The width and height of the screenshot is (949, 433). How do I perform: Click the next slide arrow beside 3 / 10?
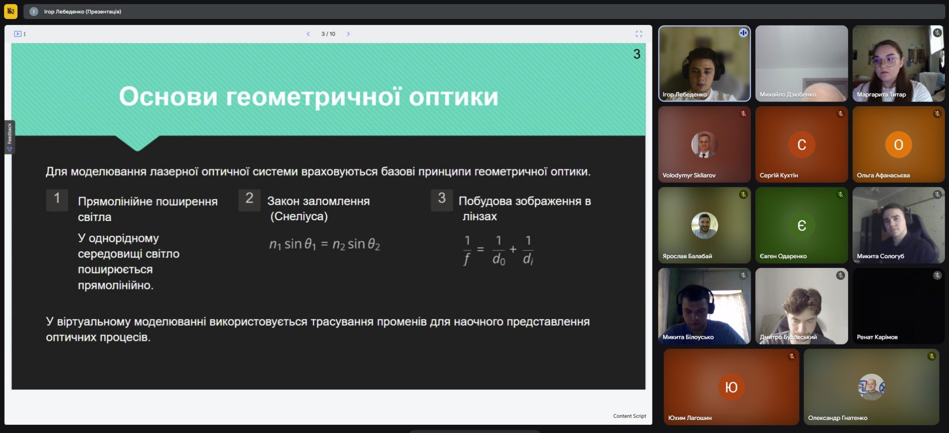348,34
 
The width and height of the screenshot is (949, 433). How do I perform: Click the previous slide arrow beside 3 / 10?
308,34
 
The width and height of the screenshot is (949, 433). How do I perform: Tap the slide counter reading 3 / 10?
328,34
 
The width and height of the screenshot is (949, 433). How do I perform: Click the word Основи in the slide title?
168,96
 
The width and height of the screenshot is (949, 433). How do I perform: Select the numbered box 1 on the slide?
57,200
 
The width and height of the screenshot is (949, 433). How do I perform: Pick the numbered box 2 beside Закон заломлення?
249,200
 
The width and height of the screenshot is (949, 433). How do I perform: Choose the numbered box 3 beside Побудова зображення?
442,200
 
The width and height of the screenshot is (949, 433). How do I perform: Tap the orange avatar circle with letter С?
801,145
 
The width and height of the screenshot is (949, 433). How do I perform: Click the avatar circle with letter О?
898,145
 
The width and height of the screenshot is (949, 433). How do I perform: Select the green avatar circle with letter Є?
801,225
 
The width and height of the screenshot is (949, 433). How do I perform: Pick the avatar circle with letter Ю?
731,387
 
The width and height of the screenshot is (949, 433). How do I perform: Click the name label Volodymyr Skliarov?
689,175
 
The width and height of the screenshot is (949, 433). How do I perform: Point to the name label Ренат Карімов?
877,337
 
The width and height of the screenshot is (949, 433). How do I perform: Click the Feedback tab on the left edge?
10,137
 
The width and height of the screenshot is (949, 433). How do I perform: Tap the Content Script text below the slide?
629,416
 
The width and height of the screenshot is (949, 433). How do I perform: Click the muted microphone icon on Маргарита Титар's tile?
937,33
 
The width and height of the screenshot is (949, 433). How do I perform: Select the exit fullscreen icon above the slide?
639,34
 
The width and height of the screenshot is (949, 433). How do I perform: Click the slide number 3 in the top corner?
637,54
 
